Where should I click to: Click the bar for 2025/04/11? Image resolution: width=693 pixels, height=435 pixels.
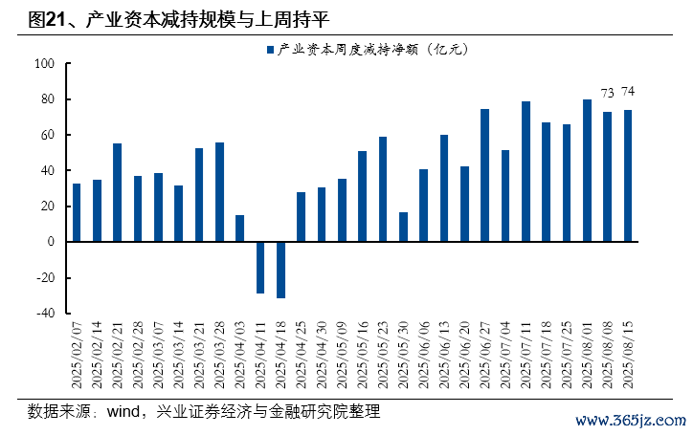pos(260,267)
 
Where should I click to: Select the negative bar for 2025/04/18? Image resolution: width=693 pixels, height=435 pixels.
pos(280,270)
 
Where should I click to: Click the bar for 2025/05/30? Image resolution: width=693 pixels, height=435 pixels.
pos(403,227)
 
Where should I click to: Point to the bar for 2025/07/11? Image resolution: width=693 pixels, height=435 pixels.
pos(525,171)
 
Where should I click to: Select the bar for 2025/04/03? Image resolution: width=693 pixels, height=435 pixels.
pos(239,228)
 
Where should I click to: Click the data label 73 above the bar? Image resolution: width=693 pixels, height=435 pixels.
pos(607,93)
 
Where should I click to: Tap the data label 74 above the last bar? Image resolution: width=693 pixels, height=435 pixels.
pos(628,91)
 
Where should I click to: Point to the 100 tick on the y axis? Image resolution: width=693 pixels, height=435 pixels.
pos(45,64)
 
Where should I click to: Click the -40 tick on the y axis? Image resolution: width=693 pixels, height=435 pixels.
pos(45,313)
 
